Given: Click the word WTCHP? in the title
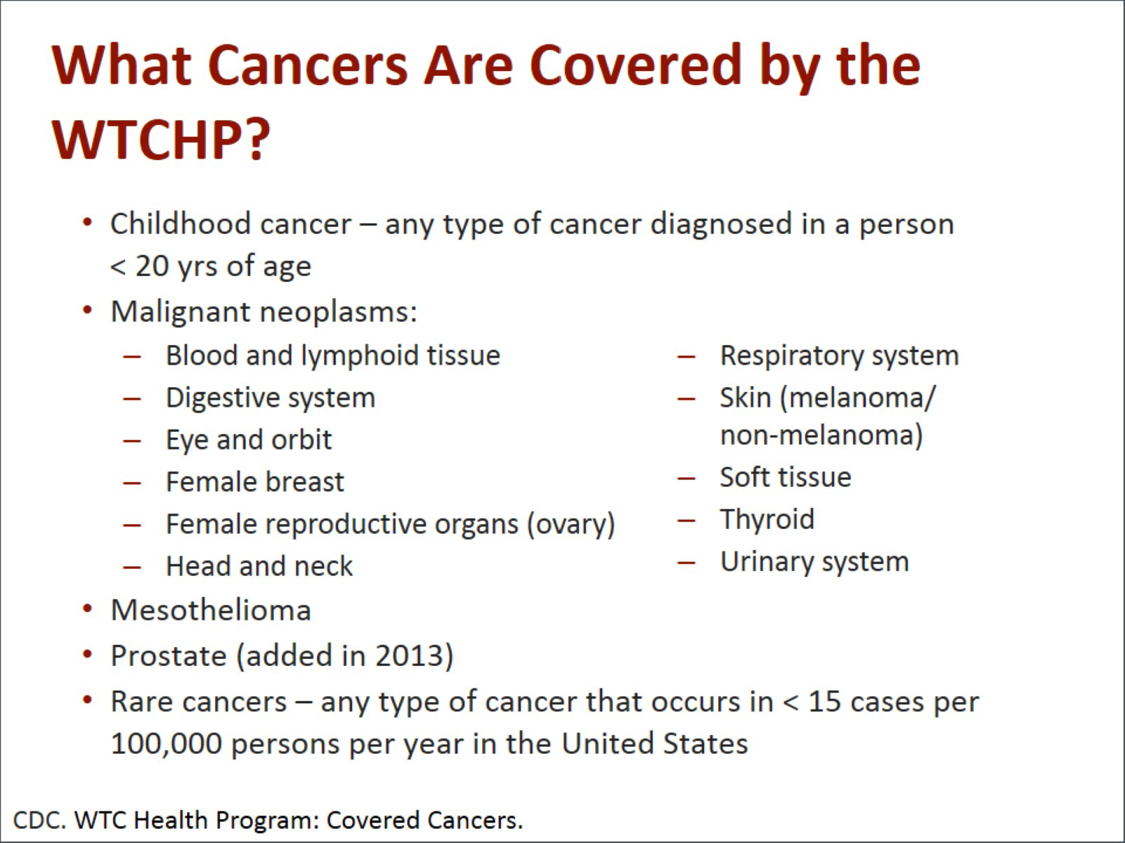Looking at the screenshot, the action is click(161, 139).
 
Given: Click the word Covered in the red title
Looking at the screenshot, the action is click(635, 65).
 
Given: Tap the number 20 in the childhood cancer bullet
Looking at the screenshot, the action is click(152, 266).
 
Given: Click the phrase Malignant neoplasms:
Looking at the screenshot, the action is click(264, 312).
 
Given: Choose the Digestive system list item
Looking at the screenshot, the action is click(271, 398).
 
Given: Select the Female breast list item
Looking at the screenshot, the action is click(255, 482).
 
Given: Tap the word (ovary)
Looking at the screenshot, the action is click(571, 525).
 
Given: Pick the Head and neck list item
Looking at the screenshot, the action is click(259, 566).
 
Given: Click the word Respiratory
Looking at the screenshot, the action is click(791, 356).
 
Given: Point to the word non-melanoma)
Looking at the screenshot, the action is click(821, 436).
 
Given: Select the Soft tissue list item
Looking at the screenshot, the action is click(786, 478).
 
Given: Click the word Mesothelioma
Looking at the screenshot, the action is click(212, 610).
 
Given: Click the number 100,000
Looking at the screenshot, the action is click(167, 744).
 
